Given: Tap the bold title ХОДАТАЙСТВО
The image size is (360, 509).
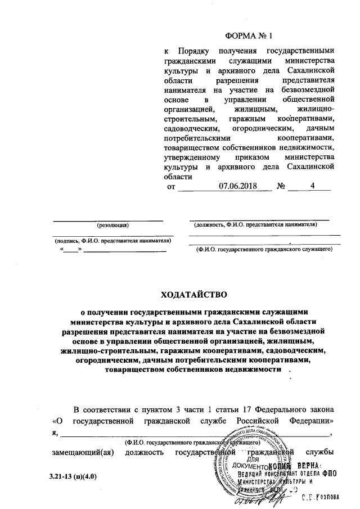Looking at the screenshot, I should point(193,294).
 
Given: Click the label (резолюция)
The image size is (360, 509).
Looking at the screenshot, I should point(113,225).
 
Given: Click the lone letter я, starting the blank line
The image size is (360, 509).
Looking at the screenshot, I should point(55,433).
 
